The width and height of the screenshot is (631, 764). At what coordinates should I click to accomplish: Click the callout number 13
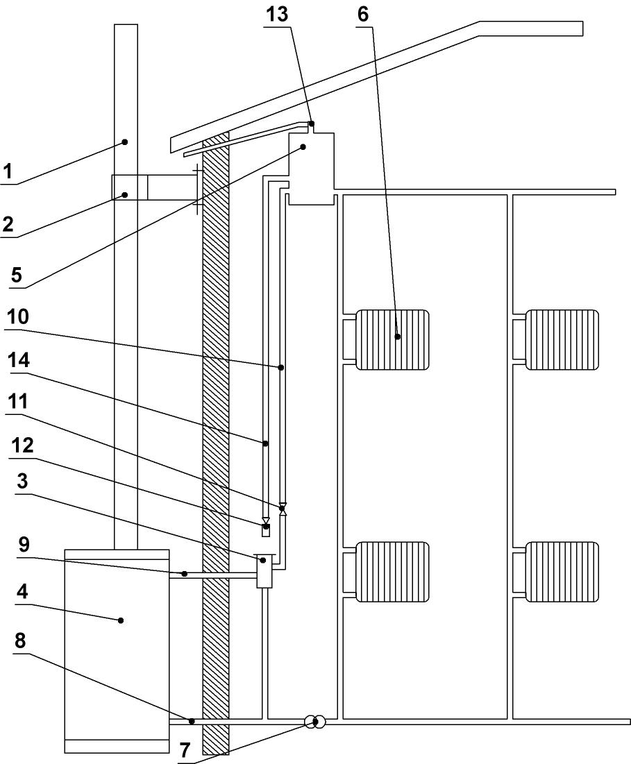[x=278, y=14]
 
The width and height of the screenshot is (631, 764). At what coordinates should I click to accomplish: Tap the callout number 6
[x=364, y=14]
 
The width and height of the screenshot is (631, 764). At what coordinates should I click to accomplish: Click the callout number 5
[x=15, y=275]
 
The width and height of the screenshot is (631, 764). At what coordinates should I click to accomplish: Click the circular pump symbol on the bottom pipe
[x=314, y=722]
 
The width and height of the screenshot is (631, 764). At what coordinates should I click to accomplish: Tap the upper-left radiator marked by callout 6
[x=392, y=339]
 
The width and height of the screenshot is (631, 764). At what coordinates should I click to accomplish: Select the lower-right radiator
[x=562, y=571]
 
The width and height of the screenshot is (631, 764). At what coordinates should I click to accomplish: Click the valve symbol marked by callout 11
[x=283, y=509]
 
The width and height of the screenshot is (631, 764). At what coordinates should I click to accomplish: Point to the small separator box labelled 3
[x=264, y=571]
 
